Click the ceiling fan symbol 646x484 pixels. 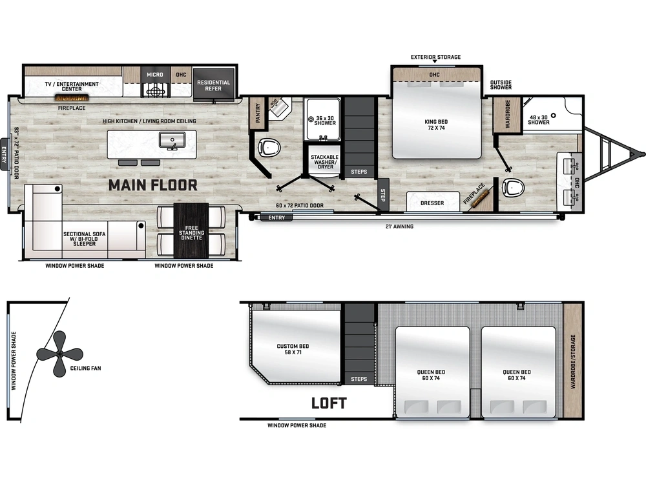(x=59, y=354)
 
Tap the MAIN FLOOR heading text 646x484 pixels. (x=152, y=186)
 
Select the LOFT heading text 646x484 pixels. (x=329, y=403)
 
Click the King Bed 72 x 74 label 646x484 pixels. (x=437, y=125)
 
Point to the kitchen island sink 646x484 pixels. (x=172, y=140)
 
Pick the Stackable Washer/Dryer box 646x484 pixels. (x=324, y=161)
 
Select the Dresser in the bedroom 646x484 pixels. (x=432, y=203)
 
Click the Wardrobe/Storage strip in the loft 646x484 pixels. (x=572, y=361)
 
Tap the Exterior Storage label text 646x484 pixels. (x=436, y=57)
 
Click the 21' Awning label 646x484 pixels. (x=399, y=227)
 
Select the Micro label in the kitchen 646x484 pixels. (x=155, y=75)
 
